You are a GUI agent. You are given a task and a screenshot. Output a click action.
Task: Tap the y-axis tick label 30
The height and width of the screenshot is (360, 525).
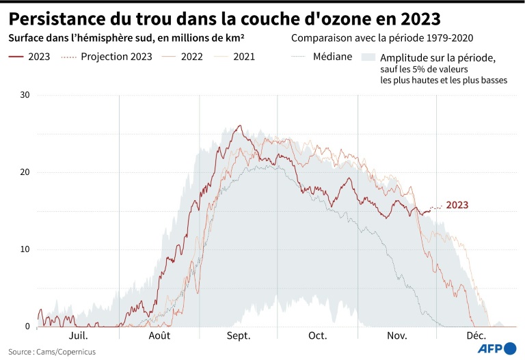(x=25, y=95)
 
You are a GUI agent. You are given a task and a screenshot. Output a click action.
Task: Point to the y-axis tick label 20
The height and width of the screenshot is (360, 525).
(x=25, y=172)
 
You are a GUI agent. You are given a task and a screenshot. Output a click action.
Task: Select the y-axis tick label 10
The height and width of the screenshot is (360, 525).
(x=25, y=249)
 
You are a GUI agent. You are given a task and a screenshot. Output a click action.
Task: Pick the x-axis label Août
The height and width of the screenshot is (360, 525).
(x=159, y=335)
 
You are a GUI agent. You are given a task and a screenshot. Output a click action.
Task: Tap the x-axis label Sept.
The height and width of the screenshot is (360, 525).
(x=239, y=335)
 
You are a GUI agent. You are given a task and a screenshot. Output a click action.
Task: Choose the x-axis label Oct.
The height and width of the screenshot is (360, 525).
(x=318, y=335)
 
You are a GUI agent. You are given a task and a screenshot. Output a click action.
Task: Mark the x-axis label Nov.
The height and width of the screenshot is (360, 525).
(x=397, y=335)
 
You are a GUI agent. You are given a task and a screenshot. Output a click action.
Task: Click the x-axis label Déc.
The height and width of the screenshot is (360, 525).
(x=476, y=335)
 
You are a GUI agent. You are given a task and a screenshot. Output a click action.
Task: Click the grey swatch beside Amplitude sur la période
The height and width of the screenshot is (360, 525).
(x=368, y=57)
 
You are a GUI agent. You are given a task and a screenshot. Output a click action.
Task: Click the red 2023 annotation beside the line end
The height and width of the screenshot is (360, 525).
(x=457, y=205)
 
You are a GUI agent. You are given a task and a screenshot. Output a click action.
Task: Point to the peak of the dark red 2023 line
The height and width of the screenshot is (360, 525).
(x=239, y=126)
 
